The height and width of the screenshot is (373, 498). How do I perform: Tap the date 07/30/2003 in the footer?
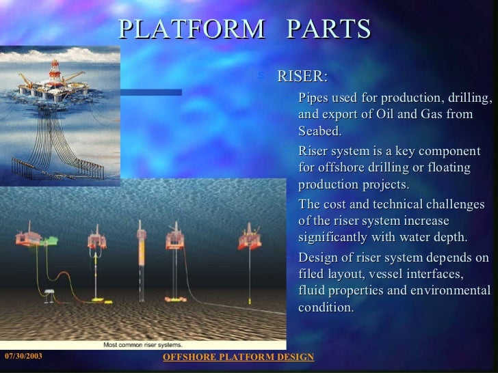tap(24, 357)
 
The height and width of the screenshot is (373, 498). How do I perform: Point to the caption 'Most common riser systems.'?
tap(140, 345)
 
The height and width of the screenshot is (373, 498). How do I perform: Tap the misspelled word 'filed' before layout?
tap(313, 274)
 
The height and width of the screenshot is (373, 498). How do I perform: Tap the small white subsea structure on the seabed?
tap(49, 294)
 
